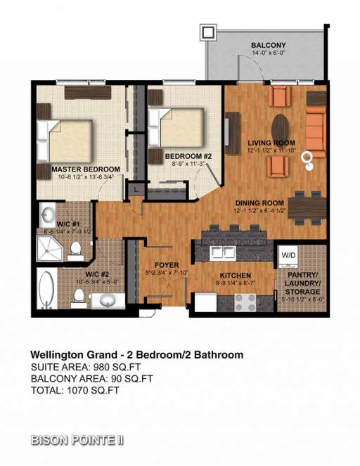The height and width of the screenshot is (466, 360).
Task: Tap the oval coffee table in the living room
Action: coord(280,128)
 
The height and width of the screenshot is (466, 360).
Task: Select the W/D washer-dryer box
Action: coord(288,254)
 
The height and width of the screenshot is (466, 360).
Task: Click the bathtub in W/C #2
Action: coord(46,290)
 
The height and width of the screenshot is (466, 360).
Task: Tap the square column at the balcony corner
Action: coord(209,32)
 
